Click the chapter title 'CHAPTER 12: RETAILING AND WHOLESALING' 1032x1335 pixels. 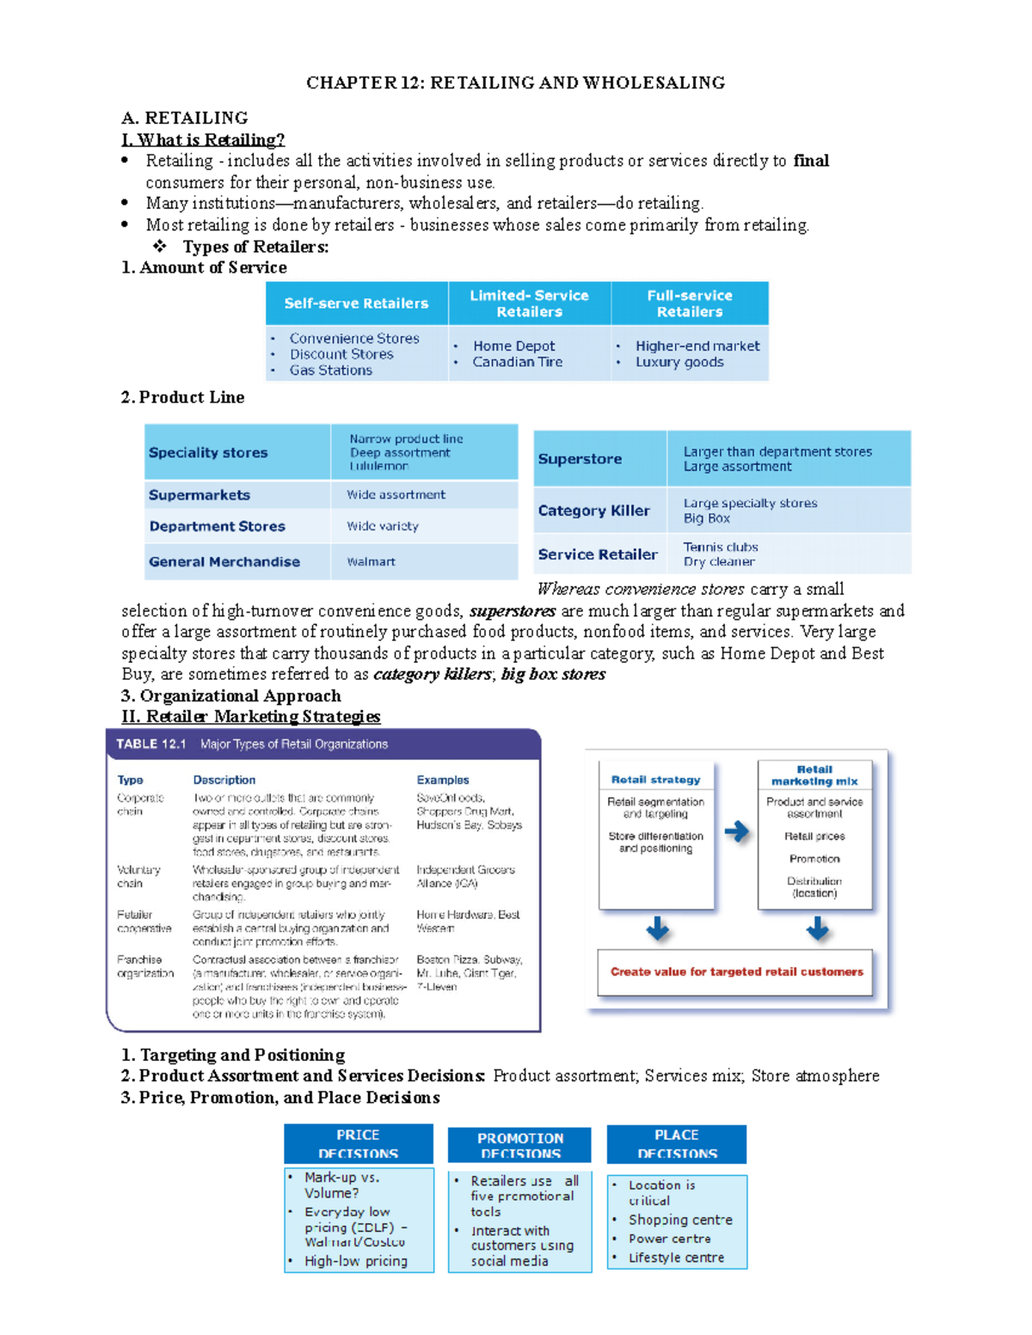[515, 83]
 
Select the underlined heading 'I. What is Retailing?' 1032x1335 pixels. [203, 139]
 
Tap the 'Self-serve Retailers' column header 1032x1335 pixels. [356, 303]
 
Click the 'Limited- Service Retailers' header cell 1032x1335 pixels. [529, 303]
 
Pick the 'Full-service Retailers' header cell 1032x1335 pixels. [690, 303]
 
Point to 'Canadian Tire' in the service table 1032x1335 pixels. [517, 362]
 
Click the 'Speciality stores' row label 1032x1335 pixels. [208, 453]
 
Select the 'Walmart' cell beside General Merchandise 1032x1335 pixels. [371, 562]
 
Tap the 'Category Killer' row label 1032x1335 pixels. [593, 511]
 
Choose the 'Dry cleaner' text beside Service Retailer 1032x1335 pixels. [719, 562]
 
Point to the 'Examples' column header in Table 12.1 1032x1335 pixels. [443, 781]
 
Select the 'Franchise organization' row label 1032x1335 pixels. [144, 966]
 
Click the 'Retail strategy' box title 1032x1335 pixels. [655, 780]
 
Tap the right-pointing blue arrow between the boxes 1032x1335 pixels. [736, 831]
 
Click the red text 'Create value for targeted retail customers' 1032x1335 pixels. [736, 972]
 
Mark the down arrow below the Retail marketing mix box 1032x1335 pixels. [817, 928]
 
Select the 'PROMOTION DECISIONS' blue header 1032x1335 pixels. [520, 1145]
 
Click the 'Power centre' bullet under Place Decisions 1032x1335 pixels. [669, 1239]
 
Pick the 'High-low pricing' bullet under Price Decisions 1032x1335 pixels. [356, 1261]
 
